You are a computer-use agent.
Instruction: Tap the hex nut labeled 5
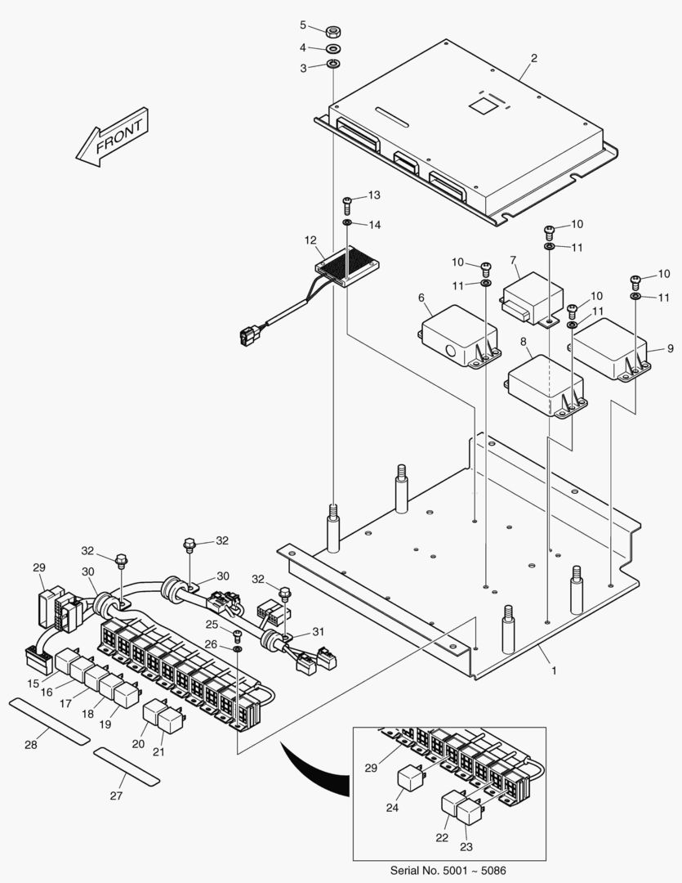332,32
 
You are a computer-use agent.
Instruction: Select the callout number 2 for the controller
533,59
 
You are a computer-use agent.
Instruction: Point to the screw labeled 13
347,201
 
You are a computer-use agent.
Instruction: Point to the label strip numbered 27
126,764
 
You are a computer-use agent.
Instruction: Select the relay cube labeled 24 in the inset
411,780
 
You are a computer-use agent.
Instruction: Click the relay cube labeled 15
67,660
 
